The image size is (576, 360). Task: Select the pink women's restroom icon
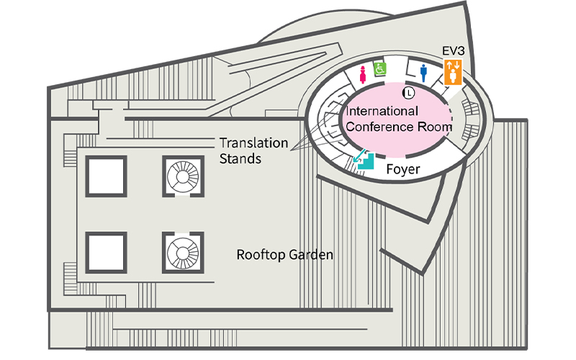(x=362, y=72)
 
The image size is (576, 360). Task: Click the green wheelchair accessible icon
(x=379, y=68)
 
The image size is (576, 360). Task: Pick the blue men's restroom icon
(x=424, y=72)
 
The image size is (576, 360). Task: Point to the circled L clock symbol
(x=408, y=92)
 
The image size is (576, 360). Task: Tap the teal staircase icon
(x=366, y=161)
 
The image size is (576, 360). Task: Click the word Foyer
(x=403, y=169)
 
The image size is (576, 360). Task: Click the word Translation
(x=253, y=143)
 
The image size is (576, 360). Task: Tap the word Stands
(x=240, y=158)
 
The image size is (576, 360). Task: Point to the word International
(x=382, y=112)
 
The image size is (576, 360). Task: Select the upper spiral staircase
(x=181, y=175)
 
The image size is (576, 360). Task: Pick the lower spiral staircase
(x=181, y=252)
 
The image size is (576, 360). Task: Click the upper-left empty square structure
(x=107, y=175)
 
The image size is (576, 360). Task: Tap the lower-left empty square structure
(x=107, y=252)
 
